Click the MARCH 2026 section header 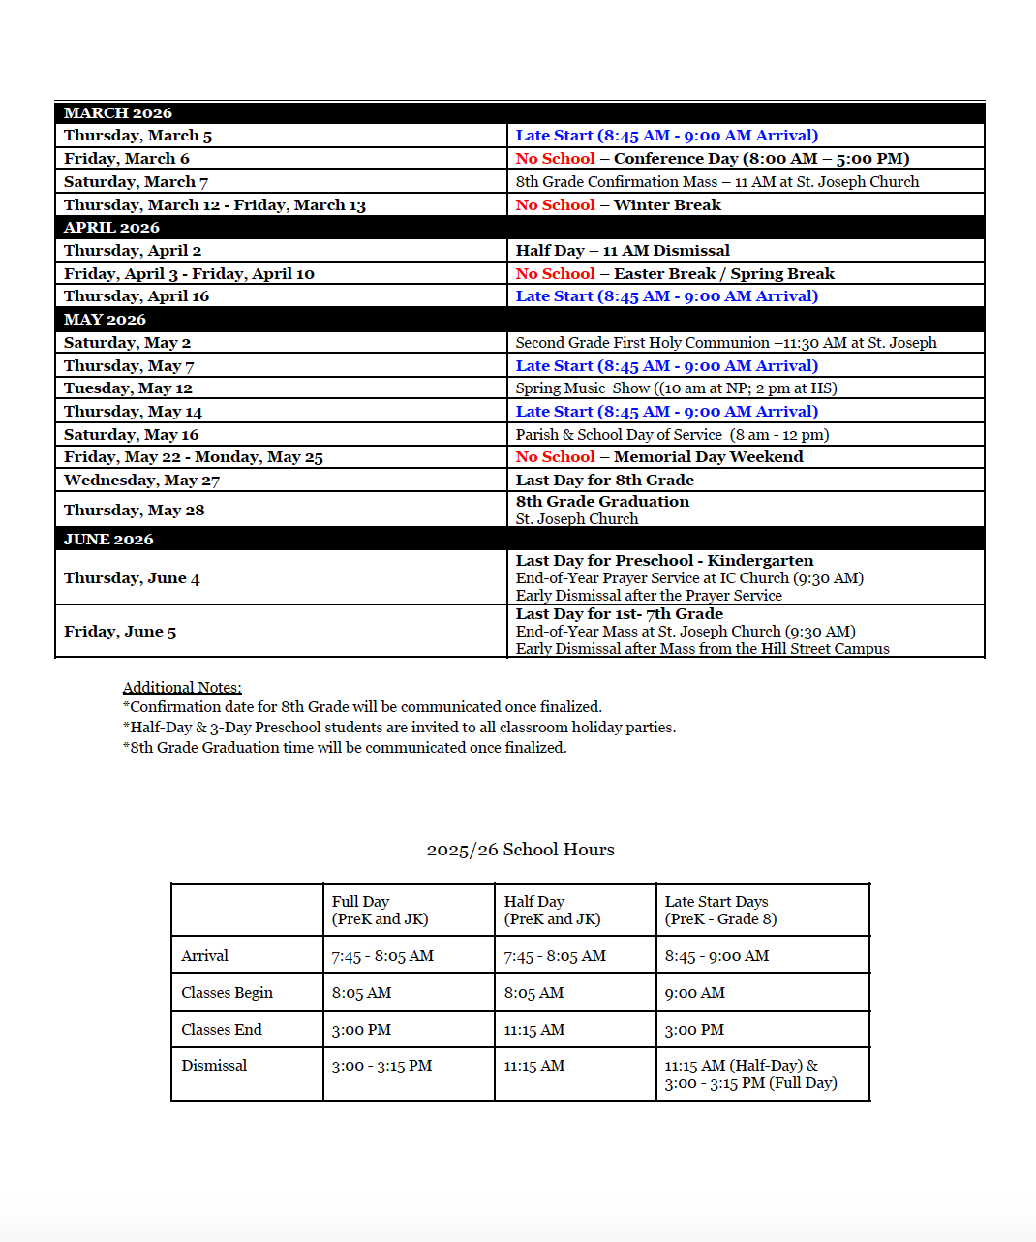click(x=118, y=113)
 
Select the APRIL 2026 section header click(x=111, y=228)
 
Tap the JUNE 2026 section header click(x=108, y=540)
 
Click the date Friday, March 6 click(x=127, y=159)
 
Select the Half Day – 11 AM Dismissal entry click(x=623, y=251)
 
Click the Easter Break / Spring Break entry click(x=675, y=274)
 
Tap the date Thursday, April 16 click(x=137, y=296)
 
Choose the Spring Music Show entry click(x=676, y=388)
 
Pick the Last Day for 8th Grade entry click(x=604, y=481)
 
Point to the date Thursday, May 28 click(x=135, y=511)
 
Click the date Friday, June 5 click(x=120, y=632)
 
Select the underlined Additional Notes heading click(x=182, y=688)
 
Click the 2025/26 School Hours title click(x=520, y=850)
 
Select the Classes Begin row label click(x=227, y=993)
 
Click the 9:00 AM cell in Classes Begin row click(x=694, y=993)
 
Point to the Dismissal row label click(x=214, y=1066)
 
